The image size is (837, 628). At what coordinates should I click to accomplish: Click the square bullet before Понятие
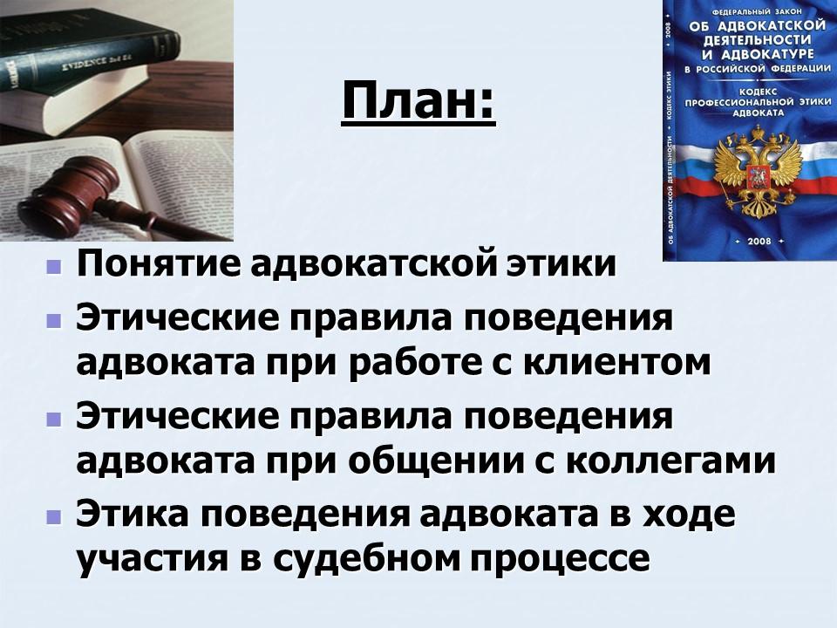pos(55,264)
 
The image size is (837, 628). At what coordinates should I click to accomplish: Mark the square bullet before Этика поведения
pos(55,515)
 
